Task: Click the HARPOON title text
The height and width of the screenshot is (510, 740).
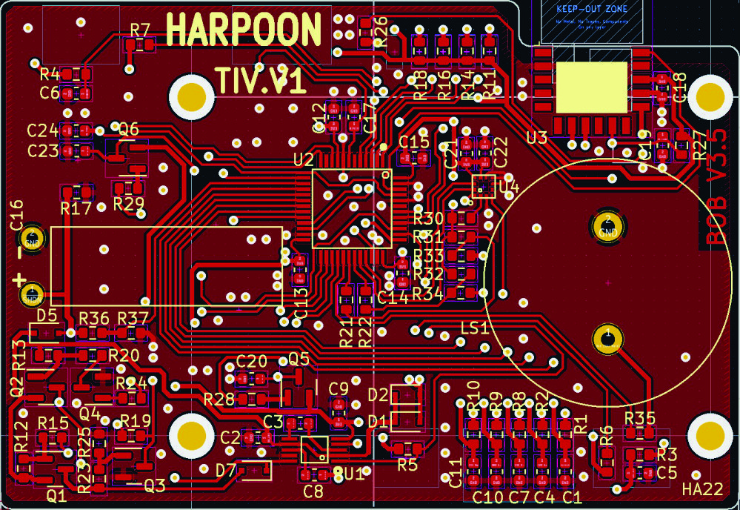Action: point(244,30)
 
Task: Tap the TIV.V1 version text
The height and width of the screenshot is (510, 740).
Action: point(261,80)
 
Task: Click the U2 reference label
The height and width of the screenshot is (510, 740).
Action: point(304,159)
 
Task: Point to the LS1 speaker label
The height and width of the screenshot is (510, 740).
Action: point(475,328)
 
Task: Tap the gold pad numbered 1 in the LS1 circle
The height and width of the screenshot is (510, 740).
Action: point(608,337)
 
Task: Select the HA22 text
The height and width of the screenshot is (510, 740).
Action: point(702,489)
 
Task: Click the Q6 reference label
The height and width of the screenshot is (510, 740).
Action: point(129,129)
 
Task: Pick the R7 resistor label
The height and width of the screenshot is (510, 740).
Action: point(140,30)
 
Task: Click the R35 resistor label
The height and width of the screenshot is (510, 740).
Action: point(640,417)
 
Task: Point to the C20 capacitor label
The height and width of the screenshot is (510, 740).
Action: point(251,362)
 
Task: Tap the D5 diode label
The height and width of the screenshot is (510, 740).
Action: point(47,315)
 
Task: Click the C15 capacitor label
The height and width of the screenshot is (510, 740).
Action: point(414,142)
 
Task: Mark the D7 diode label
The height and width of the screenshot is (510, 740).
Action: point(226,469)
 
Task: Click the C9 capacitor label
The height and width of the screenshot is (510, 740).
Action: point(339,388)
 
